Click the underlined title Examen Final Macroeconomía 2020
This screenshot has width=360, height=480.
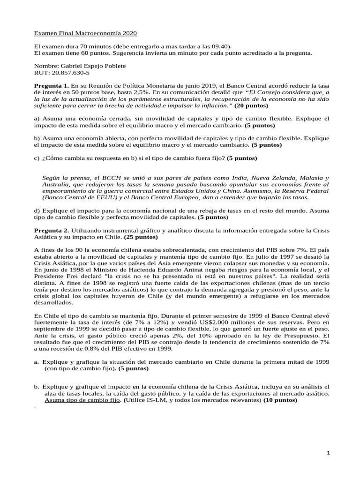86,33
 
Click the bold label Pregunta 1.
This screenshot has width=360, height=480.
52,86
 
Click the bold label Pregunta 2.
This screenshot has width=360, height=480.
52,230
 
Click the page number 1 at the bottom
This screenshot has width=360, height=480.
329,452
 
